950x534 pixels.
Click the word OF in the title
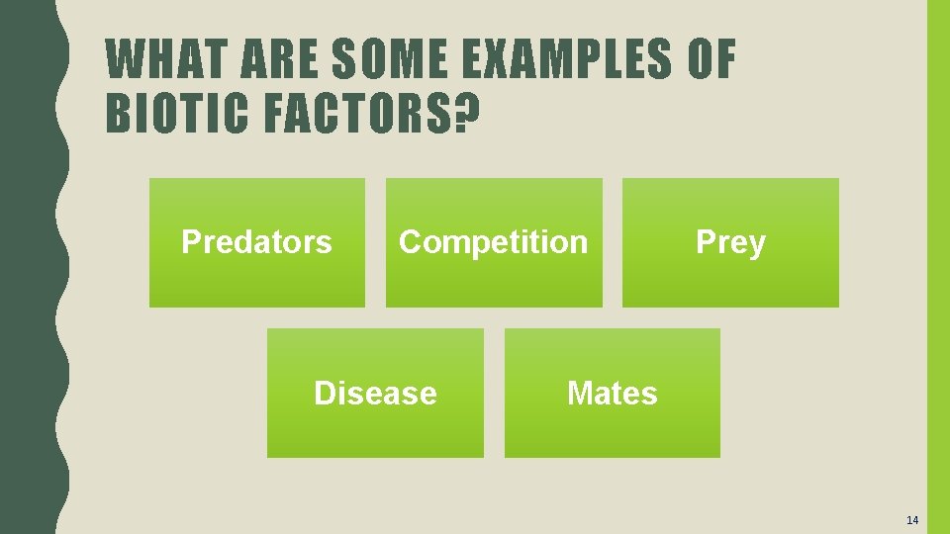tap(711, 60)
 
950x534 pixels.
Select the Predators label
tap(256, 242)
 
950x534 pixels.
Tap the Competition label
tap(493, 242)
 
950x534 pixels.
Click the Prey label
tap(730, 242)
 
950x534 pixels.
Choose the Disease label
tap(375, 394)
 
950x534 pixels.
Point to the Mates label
tap(612, 394)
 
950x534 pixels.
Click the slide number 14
tap(911, 520)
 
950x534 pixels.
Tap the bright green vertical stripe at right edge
tap(937, 267)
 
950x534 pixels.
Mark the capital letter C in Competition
tap(409, 242)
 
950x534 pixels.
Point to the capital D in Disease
tap(324, 394)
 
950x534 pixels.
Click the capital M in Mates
tap(578, 394)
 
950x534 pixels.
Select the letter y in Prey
tap(757, 245)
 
